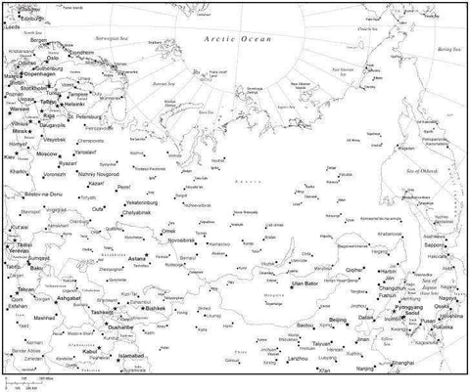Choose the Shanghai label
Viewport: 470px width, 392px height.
click(404, 364)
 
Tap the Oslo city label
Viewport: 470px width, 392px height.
click(53, 57)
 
